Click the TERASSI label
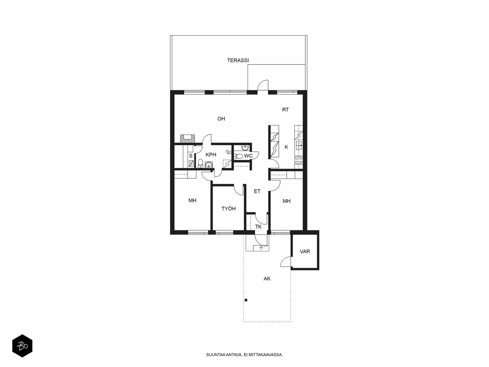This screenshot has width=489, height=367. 238,60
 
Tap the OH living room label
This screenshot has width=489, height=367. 221,119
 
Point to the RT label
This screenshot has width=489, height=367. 285,109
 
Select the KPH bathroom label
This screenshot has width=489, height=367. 211,155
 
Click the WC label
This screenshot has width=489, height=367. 248,156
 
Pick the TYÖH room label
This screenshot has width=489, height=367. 228,209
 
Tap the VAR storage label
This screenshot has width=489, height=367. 305,252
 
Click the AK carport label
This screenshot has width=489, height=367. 267,279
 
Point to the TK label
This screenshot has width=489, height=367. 258,227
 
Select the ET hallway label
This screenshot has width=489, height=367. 257,191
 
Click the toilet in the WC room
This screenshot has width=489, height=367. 238,156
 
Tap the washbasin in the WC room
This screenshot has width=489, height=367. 245,147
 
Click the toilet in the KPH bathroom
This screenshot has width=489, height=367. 200,163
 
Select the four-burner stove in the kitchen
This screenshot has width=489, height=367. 299,160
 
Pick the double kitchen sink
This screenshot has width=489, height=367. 299,145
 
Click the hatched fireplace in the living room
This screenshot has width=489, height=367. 188,139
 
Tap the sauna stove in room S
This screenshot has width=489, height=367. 191,164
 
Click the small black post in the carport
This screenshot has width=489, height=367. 246,300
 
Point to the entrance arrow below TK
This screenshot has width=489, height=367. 261,248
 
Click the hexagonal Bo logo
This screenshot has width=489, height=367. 22,346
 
